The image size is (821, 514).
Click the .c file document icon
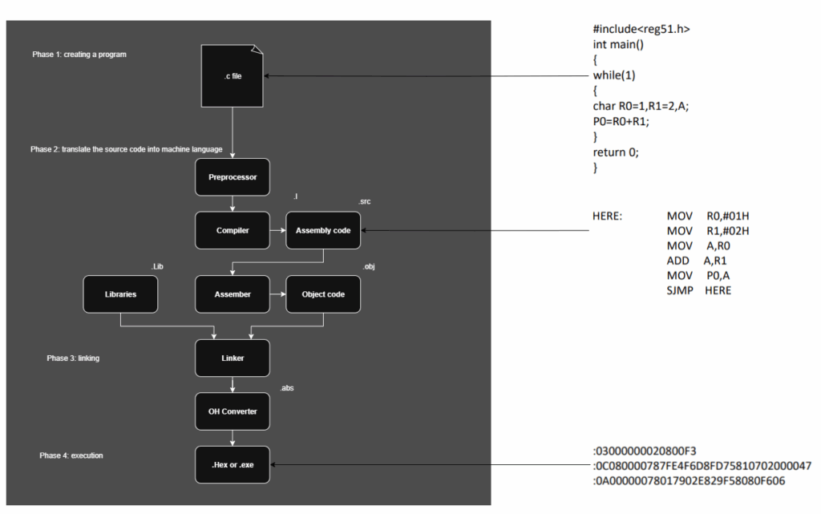(x=233, y=75)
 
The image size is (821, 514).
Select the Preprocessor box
(x=233, y=176)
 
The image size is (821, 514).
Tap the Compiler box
(x=233, y=230)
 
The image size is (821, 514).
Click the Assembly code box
(x=324, y=230)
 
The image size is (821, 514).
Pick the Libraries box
(x=120, y=294)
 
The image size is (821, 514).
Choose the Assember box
(x=233, y=294)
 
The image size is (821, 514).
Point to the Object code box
(x=324, y=294)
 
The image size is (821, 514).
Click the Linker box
(x=233, y=358)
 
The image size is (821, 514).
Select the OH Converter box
(x=233, y=411)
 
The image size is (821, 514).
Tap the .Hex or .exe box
(x=233, y=464)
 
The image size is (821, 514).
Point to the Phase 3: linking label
(x=73, y=358)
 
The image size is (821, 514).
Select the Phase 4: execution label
(x=71, y=455)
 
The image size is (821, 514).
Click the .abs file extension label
(x=286, y=388)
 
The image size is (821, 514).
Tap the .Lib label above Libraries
(x=157, y=265)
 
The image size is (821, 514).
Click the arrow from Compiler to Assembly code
(x=277, y=230)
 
